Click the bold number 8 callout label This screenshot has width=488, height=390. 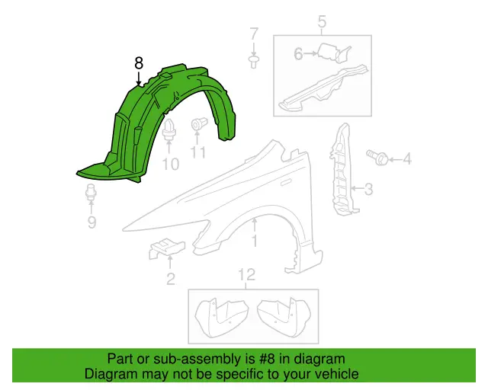coord(139,63)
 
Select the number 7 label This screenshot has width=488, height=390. coord(254,34)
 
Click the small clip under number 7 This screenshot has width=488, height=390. coord(254,62)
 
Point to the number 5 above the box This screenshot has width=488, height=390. coord(322,22)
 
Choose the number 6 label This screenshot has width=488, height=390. coord(298,54)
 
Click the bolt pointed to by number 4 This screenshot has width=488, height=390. coord(377,157)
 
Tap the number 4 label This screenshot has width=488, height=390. coord(407,159)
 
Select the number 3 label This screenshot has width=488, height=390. coord(368,189)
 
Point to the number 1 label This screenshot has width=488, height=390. coord(255,241)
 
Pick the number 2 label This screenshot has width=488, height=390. coord(171,279)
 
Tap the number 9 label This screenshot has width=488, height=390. coord(91,222)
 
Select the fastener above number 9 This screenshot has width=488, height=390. coord(91,193)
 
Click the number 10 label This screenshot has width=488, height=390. coord(171,165)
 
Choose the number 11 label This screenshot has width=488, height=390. coord(198,152)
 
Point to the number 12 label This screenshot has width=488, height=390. coord(247,275)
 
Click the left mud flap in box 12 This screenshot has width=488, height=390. coord(221,317)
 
